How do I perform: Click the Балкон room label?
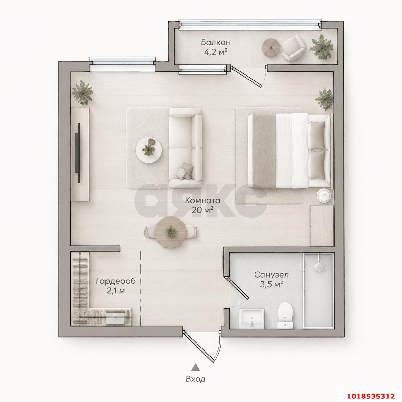coord(216,42)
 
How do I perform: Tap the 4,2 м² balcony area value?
coord(216,52)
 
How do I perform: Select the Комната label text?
coord(203,201)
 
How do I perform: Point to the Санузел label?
coord(272,275)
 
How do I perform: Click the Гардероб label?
coord(116,281)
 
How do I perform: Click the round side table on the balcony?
coord(271,47)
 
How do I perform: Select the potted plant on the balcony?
coord(321,47)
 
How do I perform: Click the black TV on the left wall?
coord(79,153)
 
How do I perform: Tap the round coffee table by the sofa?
coord(149,149)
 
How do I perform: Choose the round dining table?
coord(171,232)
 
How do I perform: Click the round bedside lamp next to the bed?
coord(324,196)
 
